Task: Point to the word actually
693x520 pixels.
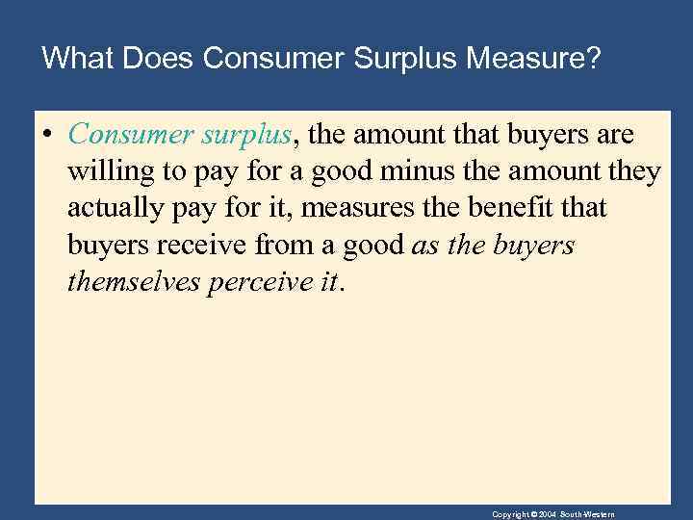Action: (116, 208)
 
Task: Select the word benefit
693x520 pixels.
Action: (544, 208)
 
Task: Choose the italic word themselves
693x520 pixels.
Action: (134, 281)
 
